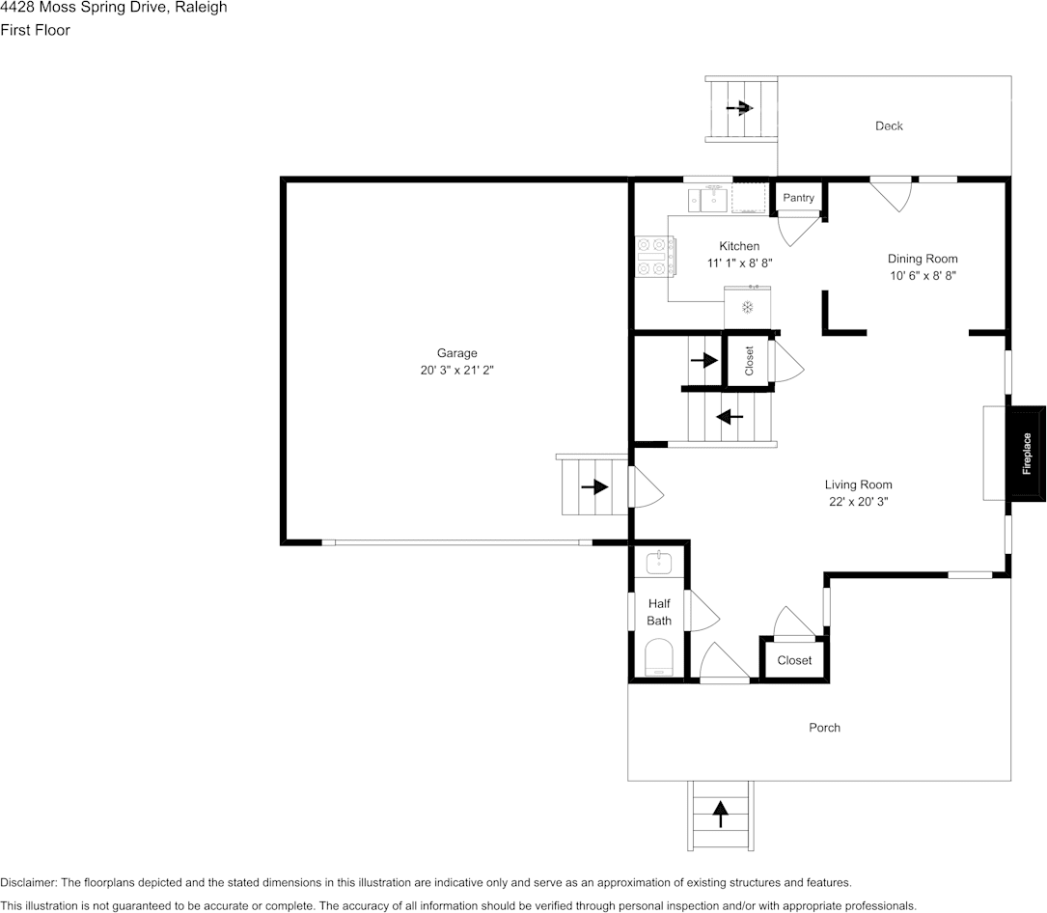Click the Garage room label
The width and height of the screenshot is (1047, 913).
[x=456, y=353]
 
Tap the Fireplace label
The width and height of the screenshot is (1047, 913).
[x=1027, y=454]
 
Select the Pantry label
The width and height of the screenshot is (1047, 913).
[x=798, y=198]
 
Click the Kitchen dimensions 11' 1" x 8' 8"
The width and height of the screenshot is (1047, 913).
[x=739, y=263]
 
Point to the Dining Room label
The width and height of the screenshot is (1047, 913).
[x=923, y=259]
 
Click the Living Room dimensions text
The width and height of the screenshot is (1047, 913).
[x=858, y=502]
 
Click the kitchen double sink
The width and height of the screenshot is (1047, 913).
[x=707, y=199]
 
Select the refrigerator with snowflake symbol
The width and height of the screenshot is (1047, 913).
[x=747, y=307]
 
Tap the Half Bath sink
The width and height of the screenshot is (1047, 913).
[x=659, y=563]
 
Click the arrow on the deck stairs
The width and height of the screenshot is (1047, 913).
[x=740, y=107]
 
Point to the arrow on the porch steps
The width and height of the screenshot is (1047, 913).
[x=720, y=815]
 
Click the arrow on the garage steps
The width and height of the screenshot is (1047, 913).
[x=594, y=486]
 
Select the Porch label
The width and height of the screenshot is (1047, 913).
[x=824, y=728]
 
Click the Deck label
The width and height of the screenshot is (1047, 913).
[x=889, y=125]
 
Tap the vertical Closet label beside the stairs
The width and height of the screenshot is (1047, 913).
[x=749, y=361]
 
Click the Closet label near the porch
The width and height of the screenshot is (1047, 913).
[x=794, y=660]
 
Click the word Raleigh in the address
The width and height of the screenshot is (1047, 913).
[x=201, y=8]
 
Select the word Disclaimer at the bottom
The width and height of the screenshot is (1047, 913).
[x=28, y=882]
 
